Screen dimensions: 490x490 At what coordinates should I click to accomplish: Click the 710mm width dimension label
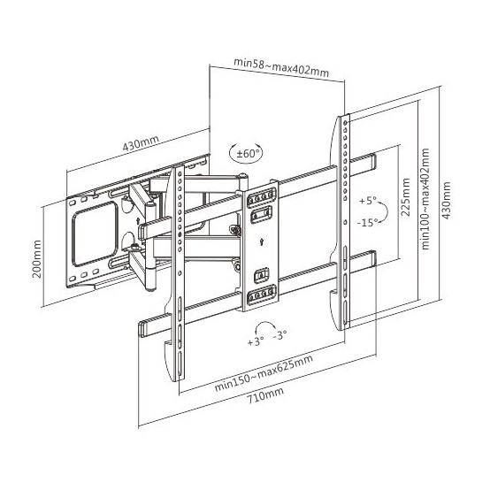tap(266, 395)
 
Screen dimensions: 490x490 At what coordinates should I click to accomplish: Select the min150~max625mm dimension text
tap(264, 373)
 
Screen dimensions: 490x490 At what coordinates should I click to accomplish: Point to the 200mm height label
tap(37, 259)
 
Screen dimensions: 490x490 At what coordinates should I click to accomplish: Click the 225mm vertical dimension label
tap(405, 197)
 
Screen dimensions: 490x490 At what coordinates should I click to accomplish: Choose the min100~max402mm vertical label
tap(425, 199)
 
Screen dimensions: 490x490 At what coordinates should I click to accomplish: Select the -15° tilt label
tap(368, 223)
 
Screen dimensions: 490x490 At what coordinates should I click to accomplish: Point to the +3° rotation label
tap(256, 341)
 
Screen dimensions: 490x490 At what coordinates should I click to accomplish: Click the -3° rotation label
tap(280, 335)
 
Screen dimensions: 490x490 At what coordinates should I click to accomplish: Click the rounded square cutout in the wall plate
tap(95, 234)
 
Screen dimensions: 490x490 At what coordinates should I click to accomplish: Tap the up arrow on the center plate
tap(261, 241)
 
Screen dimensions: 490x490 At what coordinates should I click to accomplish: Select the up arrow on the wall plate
tap(138, 220)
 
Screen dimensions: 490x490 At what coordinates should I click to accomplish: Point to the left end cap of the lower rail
tap(142, 329)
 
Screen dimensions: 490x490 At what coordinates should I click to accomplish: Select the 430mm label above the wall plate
tap(141, 142)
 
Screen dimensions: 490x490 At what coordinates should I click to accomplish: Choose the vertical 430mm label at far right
tap(447, 200)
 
